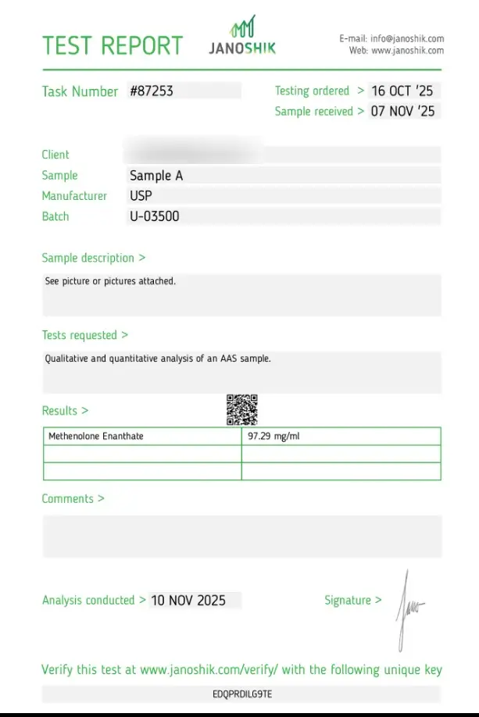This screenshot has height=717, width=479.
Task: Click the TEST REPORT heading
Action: (113, 45)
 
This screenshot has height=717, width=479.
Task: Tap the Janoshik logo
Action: (242, 37)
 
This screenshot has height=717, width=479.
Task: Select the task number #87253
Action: (152, 91)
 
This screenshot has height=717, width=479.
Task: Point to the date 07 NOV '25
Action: (402, 111)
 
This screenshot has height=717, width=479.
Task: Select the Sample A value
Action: (156, 176)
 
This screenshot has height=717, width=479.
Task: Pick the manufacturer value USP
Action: (141, 196)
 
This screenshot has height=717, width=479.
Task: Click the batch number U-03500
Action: (155, 216)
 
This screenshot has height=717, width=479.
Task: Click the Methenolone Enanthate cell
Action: (96, 436)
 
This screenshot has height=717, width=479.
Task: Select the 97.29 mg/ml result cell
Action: (273, 436)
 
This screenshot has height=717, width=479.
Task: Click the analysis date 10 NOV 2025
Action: (188, 601)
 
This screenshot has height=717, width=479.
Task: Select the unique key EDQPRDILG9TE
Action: (242, 694)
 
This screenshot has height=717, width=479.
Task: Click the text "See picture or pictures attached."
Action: (110, 281)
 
